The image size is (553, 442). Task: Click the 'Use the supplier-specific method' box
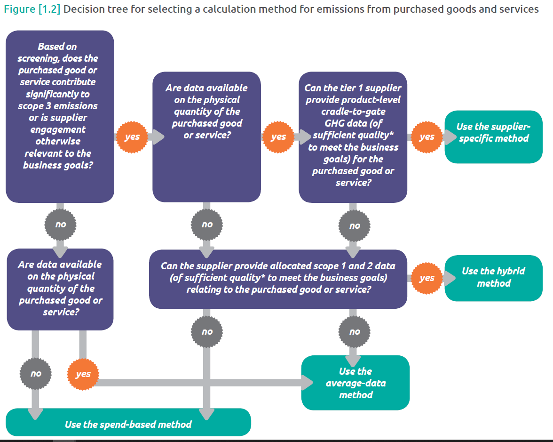tap(493, 137)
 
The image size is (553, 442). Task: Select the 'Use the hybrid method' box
tap(493, 278)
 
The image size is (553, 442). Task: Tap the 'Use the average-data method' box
tap(355, 383)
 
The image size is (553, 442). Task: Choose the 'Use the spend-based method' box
tap(128, 424)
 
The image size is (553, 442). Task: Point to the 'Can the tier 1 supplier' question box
tap(353, 137)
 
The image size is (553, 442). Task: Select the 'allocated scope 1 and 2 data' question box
tap(278, 278)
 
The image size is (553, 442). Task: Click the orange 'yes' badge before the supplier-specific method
tap(427, 137)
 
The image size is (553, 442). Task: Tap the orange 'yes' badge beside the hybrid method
tap(427, 278)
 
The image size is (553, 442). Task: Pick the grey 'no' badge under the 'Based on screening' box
tap(60, 225)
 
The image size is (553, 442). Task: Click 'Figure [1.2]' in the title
tap(32, 9)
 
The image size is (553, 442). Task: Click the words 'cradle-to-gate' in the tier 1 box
tap(353, 112)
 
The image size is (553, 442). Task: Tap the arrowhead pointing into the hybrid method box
tap(450, 278)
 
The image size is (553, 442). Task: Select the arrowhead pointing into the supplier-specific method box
tap(450, 137)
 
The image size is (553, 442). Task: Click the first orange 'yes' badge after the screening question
tap(132, 137)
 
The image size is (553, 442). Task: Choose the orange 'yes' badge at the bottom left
tap(83, 374)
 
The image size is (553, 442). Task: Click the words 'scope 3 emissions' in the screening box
tap(58, 105)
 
